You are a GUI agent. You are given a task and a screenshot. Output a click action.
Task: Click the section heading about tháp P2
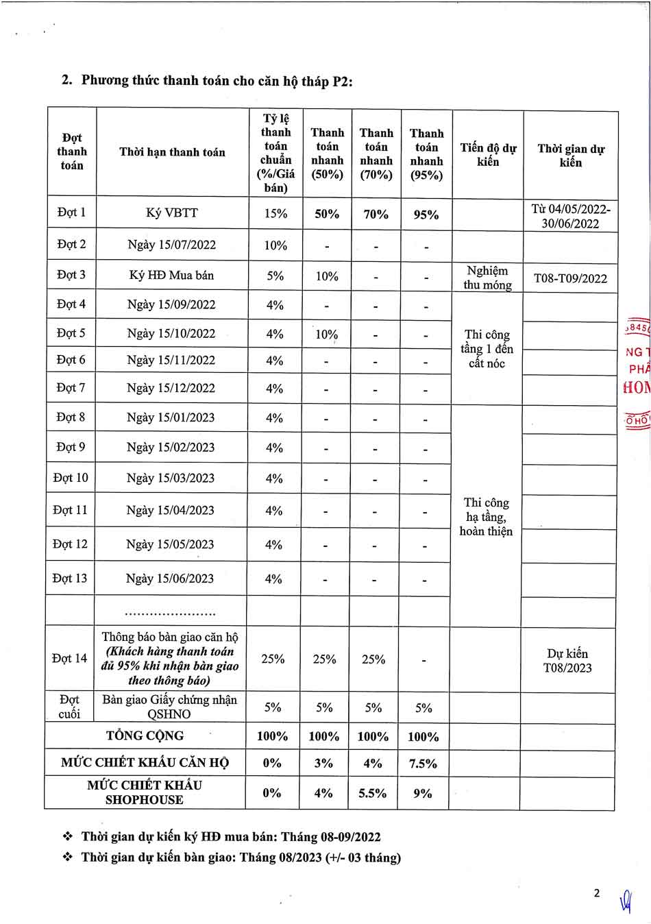pyautogui.click(x=208, y=80)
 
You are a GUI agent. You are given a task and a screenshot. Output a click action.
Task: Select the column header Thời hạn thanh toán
pyautogui.click(x=172, y=152)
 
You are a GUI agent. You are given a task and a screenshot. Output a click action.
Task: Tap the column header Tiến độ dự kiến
pyautogui.click(x=488, y=155)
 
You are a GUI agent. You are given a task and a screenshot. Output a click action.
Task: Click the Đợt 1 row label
pyautogui.click(x=71, y=212)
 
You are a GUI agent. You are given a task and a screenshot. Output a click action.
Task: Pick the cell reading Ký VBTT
pyautogui.click(x=172, y=212)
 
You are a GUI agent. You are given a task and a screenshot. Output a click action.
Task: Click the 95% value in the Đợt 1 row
pyautogui.click(x=426, y=215)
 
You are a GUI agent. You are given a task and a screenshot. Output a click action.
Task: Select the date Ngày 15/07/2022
pyautogui.click(x=171, y=245)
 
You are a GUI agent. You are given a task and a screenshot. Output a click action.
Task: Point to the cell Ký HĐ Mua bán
pyautogui.click(x=171, y=276)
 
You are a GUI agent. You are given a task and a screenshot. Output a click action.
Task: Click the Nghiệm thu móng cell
pyautogui.click(x=487, y=278)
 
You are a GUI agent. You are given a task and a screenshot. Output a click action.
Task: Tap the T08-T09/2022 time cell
pyautogui.click(x=570, y=278)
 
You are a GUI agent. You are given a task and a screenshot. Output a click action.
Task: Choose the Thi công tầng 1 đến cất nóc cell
pyautogui.click(x=487, y=349)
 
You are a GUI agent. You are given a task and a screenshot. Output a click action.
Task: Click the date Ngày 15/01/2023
pyautogui.click(x=171, y=417)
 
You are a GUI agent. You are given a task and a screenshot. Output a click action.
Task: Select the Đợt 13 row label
pyautogui.click(x=70, y=579)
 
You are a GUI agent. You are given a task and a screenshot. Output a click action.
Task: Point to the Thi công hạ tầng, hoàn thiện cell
pyautogui.click(x=486, y=517)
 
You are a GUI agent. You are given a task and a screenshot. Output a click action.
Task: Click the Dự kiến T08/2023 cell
pyautogui.click(x=567, y=661)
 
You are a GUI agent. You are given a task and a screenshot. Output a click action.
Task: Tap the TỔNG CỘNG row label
pyautogui.click(x=145, y=736)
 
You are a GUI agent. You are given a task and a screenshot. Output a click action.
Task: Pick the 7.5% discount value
pyautogui.click(x=423, y=764)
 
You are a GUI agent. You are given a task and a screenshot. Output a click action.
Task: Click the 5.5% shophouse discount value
pyautogui.click(x=373, y=793)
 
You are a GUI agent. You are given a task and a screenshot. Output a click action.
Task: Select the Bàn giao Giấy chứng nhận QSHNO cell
pyautogui.click(x=169, y=707)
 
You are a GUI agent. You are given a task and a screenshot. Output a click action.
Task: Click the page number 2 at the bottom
pyautogui.click(x=596, y=892)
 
